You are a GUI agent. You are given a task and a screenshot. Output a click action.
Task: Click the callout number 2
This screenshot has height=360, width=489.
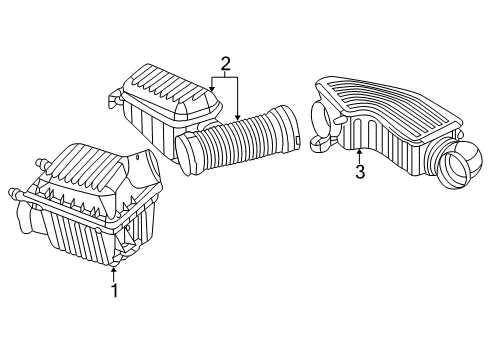tap(226, 66)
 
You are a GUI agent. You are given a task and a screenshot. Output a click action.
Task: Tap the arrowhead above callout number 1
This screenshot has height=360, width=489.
tap(115, 267)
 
